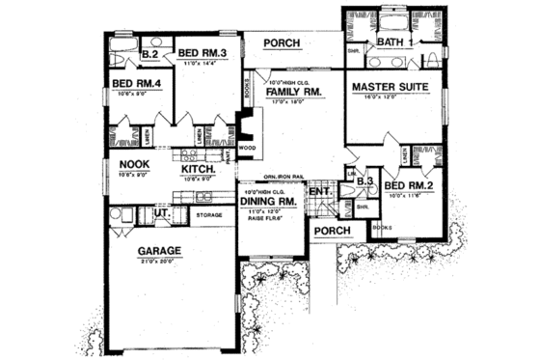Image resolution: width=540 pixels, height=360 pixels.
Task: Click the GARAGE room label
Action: tap(160, 251)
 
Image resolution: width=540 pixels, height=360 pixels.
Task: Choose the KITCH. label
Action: tap(198, 167)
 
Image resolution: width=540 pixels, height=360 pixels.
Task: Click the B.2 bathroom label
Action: tap(150, 56)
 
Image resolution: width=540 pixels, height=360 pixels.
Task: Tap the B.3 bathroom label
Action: tap(364, 180)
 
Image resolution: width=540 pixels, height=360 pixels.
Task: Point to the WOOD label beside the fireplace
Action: tap(233, 148)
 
